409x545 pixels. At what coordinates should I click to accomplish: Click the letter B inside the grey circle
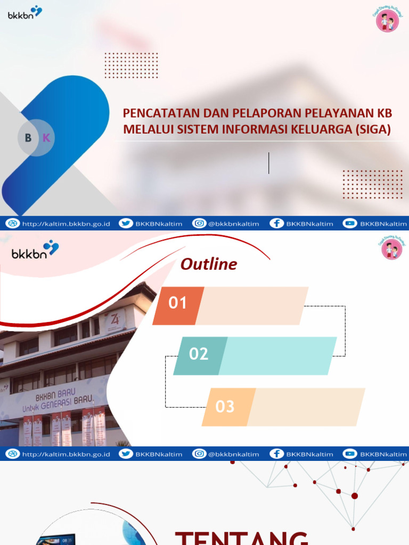pyautogui.click(x=28, y=138)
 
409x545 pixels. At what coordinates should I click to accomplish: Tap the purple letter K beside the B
pyautogui.click(x=46, y=138)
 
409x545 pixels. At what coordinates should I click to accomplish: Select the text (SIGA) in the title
pyautogui.click(x=373, y=129)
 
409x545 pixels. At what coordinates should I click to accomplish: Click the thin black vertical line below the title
pyautogui.click(x=269, y=163)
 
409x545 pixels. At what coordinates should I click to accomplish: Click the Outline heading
pyautogui.click(x=209, y=264)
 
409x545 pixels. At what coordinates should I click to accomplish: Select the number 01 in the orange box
pyautogui.click(x=178, y=303)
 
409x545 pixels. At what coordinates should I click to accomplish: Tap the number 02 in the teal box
pyautogui.click(x=199, y=354)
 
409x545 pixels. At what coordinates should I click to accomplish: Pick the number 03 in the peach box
pyautogui.click(x=225, y=407)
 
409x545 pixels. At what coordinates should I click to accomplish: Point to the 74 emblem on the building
pyautogui.click(x=115, y=319)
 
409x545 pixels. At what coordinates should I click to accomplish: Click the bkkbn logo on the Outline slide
pyautogui.click(x=35, y=250)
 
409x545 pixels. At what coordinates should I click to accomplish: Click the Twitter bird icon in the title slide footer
pyautogui.click(x=126, y=224)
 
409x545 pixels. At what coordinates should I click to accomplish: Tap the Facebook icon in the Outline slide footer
pyautogui.click(x=276, y=454)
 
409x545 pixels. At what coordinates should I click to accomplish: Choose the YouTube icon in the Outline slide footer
pyautogui.click(x=350, y=454)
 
